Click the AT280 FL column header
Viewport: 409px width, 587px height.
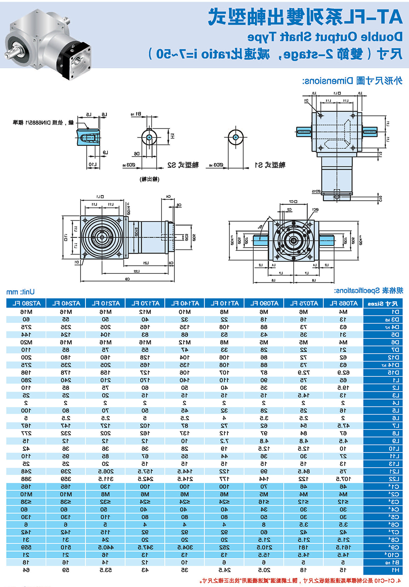click(26, 303)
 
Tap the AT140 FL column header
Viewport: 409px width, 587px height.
click(185, 303)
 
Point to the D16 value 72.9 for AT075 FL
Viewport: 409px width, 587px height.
click(303, 373)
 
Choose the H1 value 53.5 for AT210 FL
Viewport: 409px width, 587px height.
click(106, 570)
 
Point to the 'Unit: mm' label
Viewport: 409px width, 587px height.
click(20, 292)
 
